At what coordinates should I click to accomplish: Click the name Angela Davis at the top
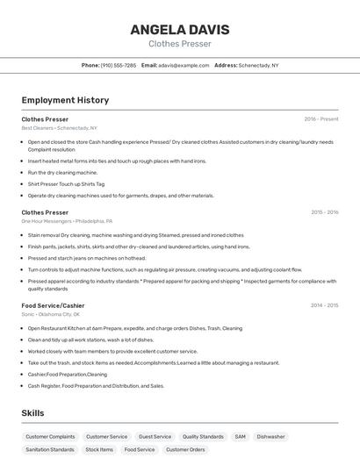(179, 29)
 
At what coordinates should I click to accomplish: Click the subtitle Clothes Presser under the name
(179, 43)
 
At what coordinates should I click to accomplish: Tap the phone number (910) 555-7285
(118, 65)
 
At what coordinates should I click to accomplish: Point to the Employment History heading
(65, 100)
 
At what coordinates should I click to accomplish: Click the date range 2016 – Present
(320, 118)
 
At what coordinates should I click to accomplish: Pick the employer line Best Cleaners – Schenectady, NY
(59, 128)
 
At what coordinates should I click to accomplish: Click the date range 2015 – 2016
(324, 212)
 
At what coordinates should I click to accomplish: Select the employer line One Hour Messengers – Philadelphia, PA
(68, 221)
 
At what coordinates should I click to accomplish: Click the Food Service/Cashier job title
(53, 305)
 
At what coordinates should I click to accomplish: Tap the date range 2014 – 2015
(324, 305)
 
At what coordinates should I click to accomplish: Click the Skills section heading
(32, 412)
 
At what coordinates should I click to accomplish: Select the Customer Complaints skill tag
(50, 436)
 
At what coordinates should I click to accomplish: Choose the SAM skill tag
(240, 436)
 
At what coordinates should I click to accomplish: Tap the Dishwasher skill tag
(270, 436)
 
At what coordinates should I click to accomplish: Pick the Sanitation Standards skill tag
(50, 449)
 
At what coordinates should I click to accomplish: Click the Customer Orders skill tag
(185, 449)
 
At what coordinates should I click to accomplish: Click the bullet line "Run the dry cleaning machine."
(62, 173)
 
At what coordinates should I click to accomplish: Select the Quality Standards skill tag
(203, 436)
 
